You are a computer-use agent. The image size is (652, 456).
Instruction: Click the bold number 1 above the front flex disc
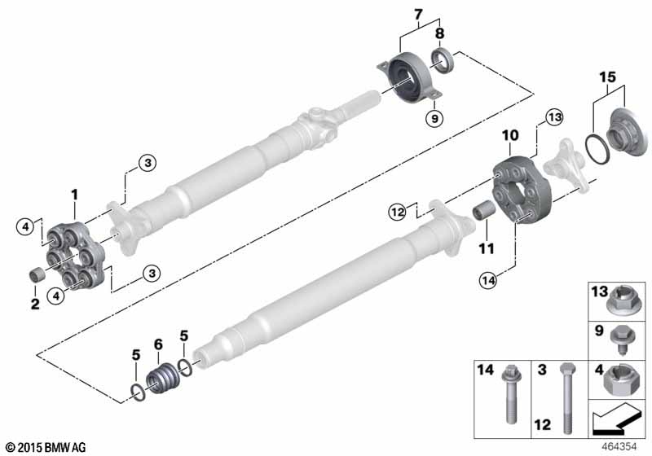coord(73,195)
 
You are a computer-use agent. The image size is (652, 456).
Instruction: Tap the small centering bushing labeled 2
coord(36,274)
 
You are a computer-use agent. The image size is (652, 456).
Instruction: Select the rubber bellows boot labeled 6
coord(161,382)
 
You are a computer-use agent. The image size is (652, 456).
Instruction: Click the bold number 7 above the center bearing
coord(419,13)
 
